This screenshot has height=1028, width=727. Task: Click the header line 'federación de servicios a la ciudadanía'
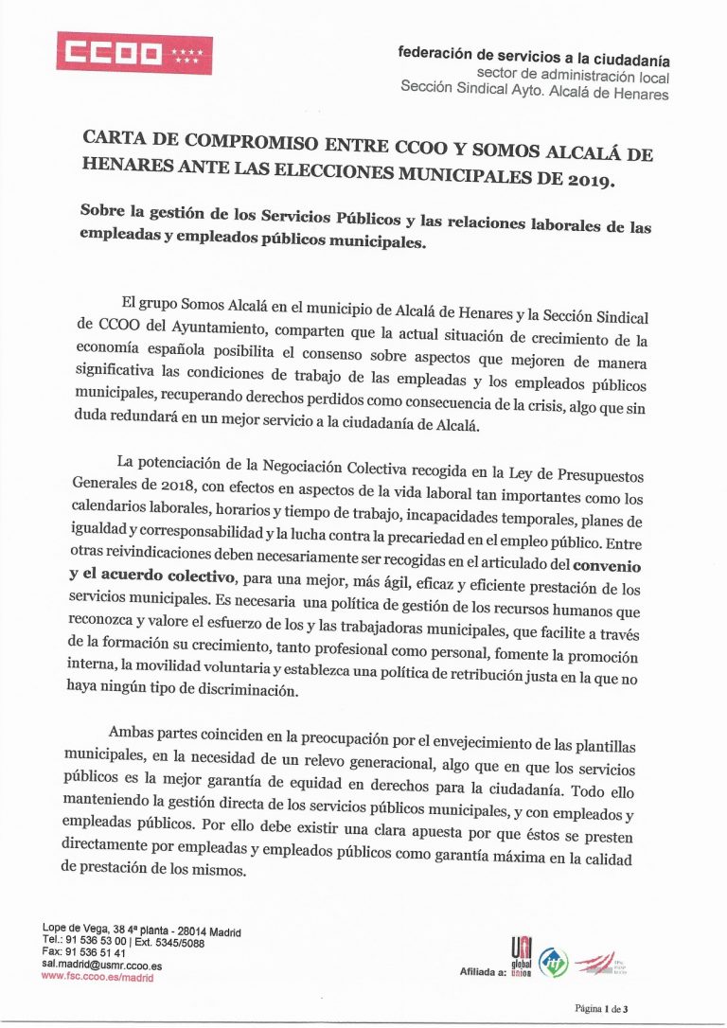534,58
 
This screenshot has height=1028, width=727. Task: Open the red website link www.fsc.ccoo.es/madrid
98,978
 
